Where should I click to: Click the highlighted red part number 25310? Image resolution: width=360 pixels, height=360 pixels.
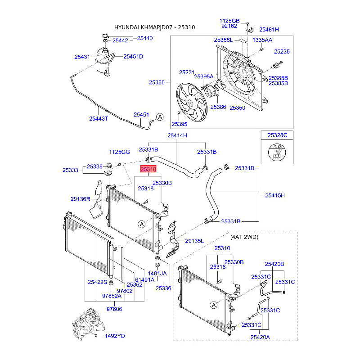click(148, 169)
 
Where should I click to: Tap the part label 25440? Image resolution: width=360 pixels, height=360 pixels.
click(144, 38)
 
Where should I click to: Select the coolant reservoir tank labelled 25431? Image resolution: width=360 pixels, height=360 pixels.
click(104, 62)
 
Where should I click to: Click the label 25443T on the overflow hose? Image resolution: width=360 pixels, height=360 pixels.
click(98, 118)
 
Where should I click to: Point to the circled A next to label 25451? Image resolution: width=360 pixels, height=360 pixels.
click(160, 117)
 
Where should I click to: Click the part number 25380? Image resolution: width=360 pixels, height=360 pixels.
click(157, 82)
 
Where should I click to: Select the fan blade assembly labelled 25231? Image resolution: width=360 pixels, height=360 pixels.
click(192, 102)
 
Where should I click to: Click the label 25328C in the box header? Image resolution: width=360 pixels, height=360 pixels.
click(277, 135)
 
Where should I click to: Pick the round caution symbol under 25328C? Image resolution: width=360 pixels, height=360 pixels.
click(277, 152)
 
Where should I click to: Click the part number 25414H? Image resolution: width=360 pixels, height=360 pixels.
click(177, 135)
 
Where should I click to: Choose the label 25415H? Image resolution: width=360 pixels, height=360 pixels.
click(275, 195)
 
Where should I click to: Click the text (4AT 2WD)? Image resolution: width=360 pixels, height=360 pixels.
click(244, 237)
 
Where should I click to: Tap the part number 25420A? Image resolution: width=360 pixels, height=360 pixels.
click(260, 337)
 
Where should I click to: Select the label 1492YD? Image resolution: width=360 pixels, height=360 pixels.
click(115, 336)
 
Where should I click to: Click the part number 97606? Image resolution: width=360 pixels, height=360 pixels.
click(114, 309)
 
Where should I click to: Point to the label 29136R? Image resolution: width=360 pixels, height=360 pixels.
click(81, 199)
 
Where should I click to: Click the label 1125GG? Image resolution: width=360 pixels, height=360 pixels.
click(119, 152)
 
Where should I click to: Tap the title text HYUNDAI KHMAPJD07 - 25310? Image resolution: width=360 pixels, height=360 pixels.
click(154, 27)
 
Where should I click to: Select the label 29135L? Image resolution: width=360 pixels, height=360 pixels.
click(194, 241)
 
